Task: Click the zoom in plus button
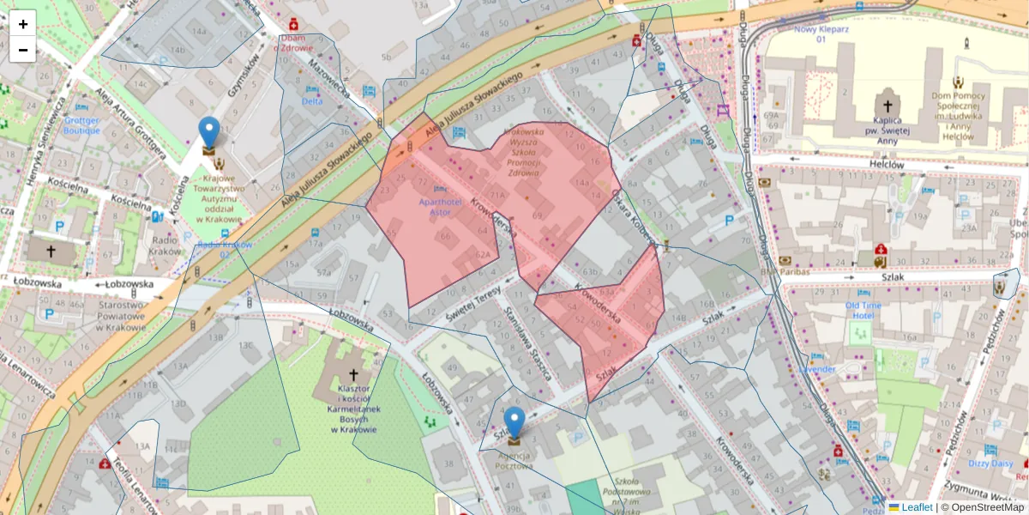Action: pyautogui.click(x=23, y=24)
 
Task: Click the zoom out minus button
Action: pyautogui.click(x=23, y=50)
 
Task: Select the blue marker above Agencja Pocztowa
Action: pyautogui.click(x=514, y=425)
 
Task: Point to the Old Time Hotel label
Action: pyautogui.click(x=863, y=310)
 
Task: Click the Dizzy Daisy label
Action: pyautogui.click(x=990, y=463)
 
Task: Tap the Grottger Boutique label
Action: pyautogui.click(x=82, y=125)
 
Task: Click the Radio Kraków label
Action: pyautogui.click(x=165, y=245)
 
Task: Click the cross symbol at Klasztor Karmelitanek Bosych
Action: pyautogui.click(x=353, y=374)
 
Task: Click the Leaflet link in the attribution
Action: pyautogui.click(x=916, y=507)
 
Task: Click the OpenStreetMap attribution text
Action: pyautogui.click(x=982, y=507)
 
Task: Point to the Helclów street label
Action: pyautogui.click(x=887, y=164)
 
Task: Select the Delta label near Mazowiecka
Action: pyautogui.click(x=312, y=100)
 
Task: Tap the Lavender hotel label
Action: pyautogui.click(x=816, y=369)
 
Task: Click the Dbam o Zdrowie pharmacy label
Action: pyautogui.click(x=295, y=42)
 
